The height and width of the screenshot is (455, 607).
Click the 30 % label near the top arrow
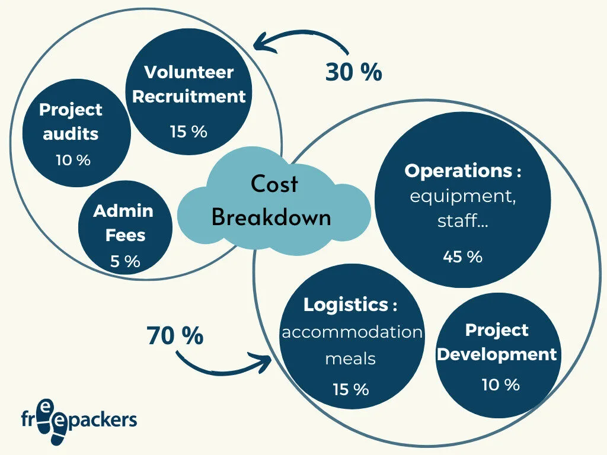(353, 72)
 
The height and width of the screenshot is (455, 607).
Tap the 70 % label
(175, 336)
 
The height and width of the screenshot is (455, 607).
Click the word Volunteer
(189, 72)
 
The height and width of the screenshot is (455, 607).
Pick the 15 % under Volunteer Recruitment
(189, 132)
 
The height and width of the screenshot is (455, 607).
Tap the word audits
(71, 133)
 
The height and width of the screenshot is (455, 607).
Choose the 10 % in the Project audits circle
(74, 160)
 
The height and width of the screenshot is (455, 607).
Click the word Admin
(123, 211)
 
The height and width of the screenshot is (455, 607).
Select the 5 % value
(124, 261)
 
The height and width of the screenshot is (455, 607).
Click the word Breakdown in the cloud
(271, 217)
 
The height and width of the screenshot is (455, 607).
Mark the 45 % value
(462, 257)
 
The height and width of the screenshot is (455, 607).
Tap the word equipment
(463, 196)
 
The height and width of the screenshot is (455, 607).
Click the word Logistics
(346, 305)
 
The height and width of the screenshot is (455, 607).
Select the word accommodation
(352, 332)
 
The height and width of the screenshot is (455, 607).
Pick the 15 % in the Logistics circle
(350, 389)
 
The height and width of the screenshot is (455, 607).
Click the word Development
(497, 354)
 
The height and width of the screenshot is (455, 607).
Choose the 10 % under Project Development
(500, 384)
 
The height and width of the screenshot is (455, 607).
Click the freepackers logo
(78, 419)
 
